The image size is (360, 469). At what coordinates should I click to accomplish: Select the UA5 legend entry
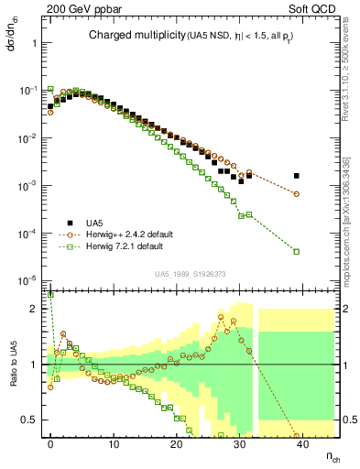tap(93, 223)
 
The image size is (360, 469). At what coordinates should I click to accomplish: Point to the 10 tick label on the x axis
tap(114, 442)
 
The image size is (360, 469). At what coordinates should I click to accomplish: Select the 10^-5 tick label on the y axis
tap(27, 280)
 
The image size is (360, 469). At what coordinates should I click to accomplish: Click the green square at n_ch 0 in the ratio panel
tap(50, 295)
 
